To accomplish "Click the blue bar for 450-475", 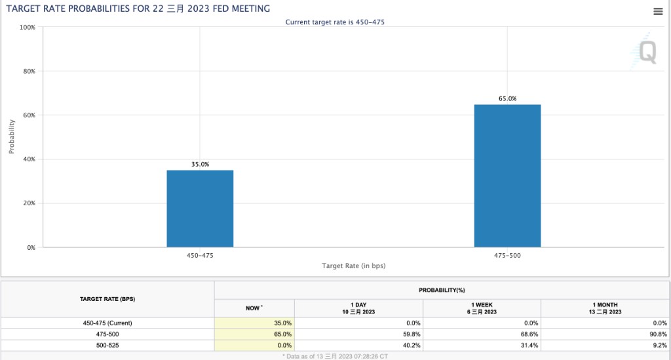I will tap(200, 209).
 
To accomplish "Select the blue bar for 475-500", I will tap(507, 176).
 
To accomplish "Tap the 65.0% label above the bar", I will tap(507, 99).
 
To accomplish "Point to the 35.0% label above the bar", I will tap(200, 165).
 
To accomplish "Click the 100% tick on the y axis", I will tap(28, 28).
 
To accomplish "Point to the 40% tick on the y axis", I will tap(29, 159).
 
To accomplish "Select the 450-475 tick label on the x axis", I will tap(200, 255).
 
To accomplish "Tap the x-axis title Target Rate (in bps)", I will tap(353, 266).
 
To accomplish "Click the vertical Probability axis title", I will tap(12, 136).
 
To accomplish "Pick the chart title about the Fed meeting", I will tap(138, 8).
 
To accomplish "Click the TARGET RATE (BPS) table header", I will tap(107, 299).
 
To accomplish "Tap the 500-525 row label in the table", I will tap(107, 345).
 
